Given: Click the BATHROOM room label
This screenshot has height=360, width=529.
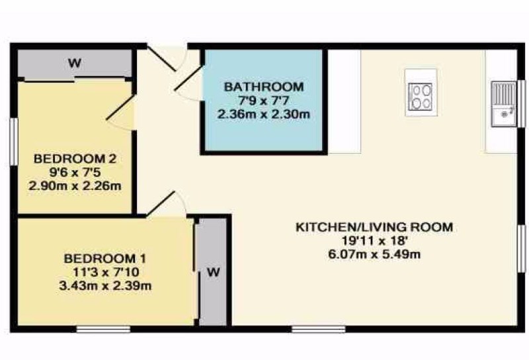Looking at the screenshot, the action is point(264,87).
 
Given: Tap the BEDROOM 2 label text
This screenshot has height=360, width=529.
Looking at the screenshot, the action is point(75,158).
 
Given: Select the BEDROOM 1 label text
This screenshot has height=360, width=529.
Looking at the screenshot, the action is point(105,259).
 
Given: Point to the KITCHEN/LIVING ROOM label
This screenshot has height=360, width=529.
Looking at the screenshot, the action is point(374,227).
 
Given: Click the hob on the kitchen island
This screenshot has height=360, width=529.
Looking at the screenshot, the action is point(420,97).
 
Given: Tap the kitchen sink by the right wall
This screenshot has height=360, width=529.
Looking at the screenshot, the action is point(504,104).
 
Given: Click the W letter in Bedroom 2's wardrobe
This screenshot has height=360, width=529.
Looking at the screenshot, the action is point(75,63).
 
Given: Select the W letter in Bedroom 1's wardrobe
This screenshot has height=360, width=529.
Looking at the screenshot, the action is point(213,272).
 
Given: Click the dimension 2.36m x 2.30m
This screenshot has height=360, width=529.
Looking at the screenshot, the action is point(264,114).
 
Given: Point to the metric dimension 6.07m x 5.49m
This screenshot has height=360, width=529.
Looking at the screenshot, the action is point(374,253).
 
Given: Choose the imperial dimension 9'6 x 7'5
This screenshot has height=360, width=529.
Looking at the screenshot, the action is point(75,172).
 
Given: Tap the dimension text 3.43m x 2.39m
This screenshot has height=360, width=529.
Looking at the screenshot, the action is point(105,286).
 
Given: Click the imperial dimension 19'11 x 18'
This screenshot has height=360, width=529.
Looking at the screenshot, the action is point(375,240).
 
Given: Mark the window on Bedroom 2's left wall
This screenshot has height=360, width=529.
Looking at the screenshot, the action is point(13,142).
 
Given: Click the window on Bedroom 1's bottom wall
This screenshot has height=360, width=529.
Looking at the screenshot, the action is point(103,330).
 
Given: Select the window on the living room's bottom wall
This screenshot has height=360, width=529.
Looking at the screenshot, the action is point(319,330).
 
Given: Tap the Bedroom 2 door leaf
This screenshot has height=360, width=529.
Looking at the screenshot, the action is point(121,107).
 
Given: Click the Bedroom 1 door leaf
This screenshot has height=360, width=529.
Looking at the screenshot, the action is point(161,204).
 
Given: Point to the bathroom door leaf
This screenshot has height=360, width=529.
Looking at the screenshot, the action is point(188,78).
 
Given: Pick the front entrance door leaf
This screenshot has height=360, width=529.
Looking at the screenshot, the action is point(161,59).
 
